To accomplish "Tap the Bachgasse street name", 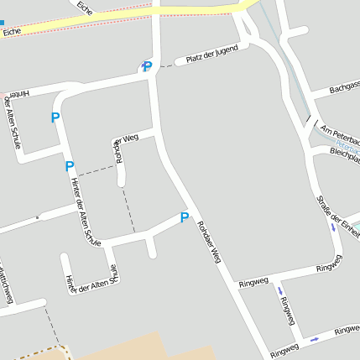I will pyautogui.click(x=344, y=88).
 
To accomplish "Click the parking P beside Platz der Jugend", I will pyautogui.click(x=147, y=67).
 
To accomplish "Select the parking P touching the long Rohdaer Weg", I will pyautogui.click(x=185, y=218).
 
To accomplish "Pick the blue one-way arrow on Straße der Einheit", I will pyautogui.click(x=334, y=227).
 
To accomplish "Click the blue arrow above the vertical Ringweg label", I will pyautogui.click(x=280, y=291).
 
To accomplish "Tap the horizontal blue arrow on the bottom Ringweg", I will pyautogui.click(x=314, y=339).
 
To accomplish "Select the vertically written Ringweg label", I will pyautogui.click(x=289, y=310).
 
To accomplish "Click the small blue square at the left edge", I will pyautogui.click(x=2, y=23).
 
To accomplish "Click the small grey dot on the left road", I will pyautogui.click(x=37, y=217).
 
